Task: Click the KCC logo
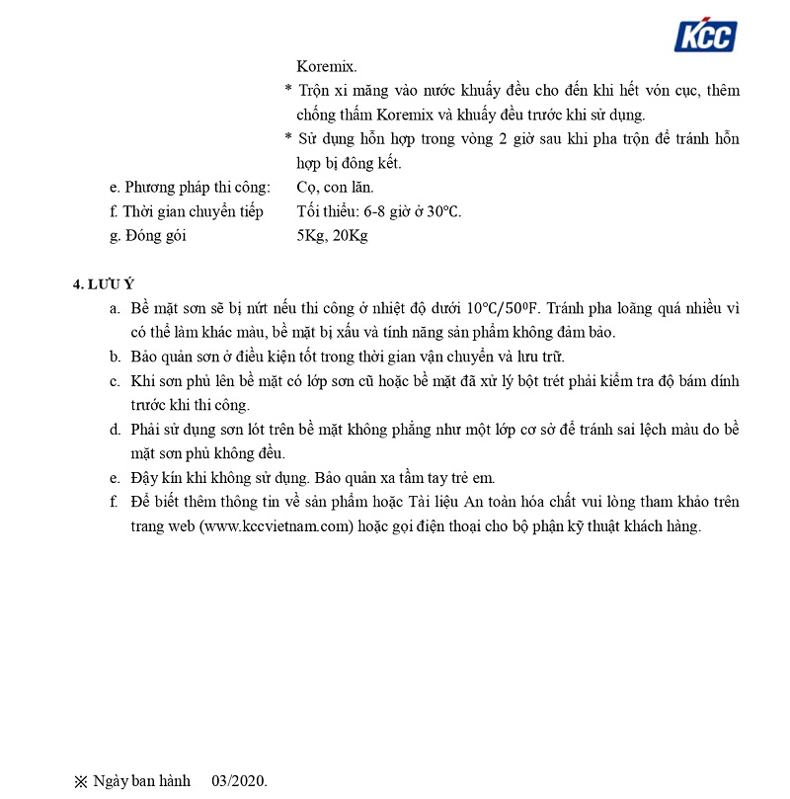[705, 36]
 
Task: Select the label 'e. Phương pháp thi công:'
[191, 187]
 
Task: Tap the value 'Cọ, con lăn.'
[335, 187]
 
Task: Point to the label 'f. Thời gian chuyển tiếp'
[187, 211]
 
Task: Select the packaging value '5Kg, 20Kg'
[332, 236]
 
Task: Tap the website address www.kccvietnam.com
[276, 526]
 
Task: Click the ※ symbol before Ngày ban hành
[80, 781]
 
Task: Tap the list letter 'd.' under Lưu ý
[116, 430]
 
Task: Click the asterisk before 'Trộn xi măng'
[288, 91]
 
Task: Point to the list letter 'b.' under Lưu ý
[116, 357]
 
